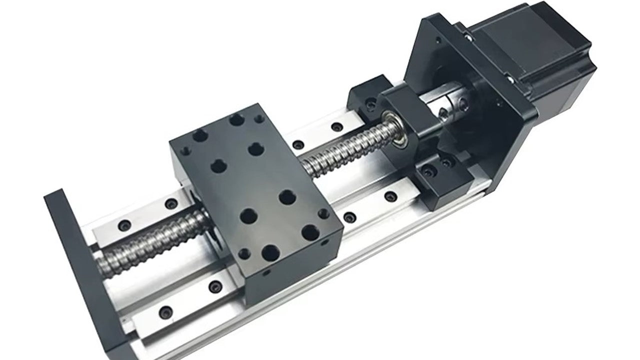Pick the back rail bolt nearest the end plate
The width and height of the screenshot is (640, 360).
(x=124, y=223)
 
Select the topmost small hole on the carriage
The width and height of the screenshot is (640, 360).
(x=259, y=118)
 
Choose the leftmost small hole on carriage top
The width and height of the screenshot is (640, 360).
(x=180, y=148)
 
